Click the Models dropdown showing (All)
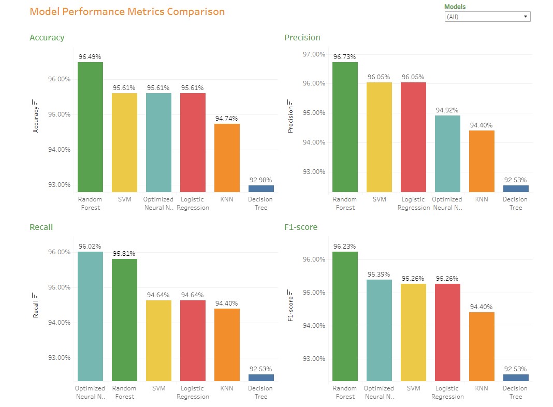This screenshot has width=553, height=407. [x=487, y=17]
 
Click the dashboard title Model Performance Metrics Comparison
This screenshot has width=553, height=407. [x=127, y=11]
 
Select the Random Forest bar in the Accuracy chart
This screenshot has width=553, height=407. [x=90, y=127]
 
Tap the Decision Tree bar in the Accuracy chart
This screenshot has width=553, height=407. [x=260, y=188]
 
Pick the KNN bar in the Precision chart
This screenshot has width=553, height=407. [x=482, y=161]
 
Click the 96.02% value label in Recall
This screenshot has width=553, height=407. [x=90, y=246]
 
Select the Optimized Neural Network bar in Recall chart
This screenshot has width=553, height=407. [x=90, y=316]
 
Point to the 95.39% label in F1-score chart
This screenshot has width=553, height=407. [x=379, y=274]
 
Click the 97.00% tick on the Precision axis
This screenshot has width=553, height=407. [x=314, y=54]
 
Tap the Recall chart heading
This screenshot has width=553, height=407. [x=41, y=227]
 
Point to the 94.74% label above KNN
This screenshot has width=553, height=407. [x=227, y=119]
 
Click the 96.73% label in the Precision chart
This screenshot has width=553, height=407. [x=345, y=57]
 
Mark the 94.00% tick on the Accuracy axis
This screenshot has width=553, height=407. [x=59, y=150]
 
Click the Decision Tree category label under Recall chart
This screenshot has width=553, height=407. [x=260, y=392]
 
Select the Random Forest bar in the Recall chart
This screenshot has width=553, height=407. [x=124, y=320]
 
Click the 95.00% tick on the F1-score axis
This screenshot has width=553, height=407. [x=314, y=293]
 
